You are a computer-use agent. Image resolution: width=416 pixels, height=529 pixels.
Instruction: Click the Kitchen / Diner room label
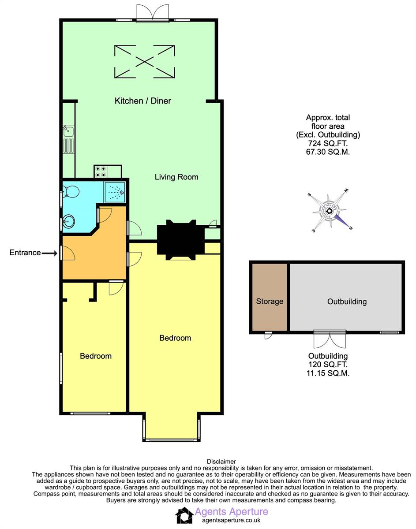(142, 101)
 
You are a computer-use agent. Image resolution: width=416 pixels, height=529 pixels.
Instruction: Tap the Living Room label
(176, 177)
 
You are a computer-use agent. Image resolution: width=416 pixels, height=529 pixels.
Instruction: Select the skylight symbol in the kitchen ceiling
(144, 61)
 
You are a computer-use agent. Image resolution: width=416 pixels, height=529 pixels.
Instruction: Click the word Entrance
(25, 253)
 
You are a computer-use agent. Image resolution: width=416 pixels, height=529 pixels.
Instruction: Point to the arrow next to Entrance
(50, 253)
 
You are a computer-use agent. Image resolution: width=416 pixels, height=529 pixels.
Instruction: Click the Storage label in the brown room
(270, 302)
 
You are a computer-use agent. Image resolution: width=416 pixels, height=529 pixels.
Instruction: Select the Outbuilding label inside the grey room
(347, 302)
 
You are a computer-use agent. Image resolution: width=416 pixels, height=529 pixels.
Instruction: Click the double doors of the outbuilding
(328, 339)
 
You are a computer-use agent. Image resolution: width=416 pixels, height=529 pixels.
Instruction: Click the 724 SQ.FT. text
(328, 144)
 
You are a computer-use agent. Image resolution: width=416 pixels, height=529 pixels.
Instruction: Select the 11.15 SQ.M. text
(328, 373)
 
